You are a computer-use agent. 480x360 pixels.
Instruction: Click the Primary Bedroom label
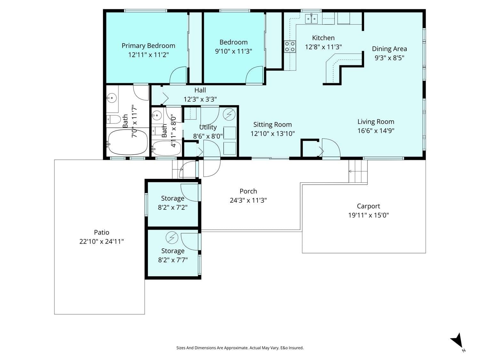coord(148,46)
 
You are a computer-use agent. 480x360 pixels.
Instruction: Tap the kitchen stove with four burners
coord(290,47)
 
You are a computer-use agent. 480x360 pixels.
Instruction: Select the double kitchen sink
coord(311,19)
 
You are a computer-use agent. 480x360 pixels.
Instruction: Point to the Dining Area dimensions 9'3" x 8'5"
coord(389,58)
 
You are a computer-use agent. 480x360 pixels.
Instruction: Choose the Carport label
coord(368,206)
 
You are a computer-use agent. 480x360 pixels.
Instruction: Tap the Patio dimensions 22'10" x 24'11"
coord(101,242)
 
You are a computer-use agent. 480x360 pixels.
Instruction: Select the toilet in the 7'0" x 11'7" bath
coord(114,120)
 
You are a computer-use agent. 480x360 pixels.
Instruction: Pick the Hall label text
coord(200,90)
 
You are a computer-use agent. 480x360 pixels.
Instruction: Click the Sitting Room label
coord(272,124)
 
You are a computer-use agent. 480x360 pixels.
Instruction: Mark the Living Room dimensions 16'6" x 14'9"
coord(376,131)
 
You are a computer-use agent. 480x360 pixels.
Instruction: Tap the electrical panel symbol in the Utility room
coord(229,114)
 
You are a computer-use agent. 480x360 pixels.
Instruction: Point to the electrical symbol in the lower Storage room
coord(172,237)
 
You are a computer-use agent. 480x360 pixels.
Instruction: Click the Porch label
coord(248,191)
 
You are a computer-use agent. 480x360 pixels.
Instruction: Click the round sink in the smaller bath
coord(156,116)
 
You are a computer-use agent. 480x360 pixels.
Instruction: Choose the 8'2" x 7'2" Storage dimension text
coord(173,207)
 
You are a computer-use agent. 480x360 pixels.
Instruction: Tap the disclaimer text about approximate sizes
coord(240,348)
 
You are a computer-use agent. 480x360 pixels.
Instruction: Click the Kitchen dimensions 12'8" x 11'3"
coord(323,47)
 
